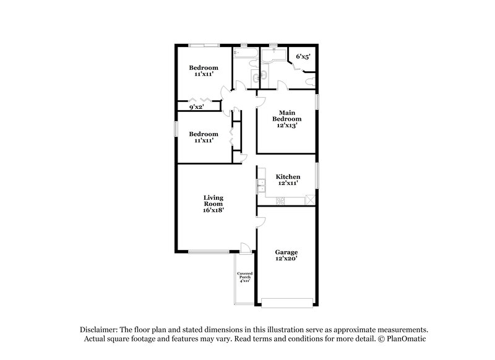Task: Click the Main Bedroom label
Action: click(286, 115)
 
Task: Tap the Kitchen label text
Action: click(287, 177)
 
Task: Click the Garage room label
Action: click(286, 252)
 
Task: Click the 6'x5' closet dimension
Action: click(303, 57)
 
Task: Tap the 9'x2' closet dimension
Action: click(196, 107)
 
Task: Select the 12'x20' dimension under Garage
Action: click(286, 259)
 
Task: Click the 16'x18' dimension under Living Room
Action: click(213, 210)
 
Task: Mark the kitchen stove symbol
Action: click(280, 200)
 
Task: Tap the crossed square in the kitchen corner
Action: click(311, 199)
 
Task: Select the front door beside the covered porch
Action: click(246, 247)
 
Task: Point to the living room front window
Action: click(208, 251)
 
